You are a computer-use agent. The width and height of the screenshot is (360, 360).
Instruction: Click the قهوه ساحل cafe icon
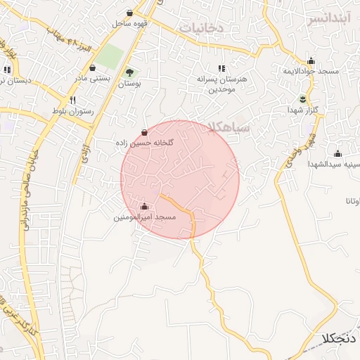[129, 13]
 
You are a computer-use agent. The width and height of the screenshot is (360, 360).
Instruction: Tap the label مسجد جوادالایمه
[311, 72]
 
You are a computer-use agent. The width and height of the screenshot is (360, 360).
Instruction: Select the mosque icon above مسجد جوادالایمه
[311, 60]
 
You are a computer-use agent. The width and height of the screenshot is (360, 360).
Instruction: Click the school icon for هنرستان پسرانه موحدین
[222, 68]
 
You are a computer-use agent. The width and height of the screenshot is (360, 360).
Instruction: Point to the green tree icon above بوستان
[129, 72]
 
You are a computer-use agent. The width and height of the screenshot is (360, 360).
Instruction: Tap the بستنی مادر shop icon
[93, 67]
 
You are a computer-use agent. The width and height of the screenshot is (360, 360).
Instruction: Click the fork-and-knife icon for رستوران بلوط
[72, 101]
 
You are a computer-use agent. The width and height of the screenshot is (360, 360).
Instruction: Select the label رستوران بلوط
[70, 112]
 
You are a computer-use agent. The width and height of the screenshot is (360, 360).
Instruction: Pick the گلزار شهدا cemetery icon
[302, 98]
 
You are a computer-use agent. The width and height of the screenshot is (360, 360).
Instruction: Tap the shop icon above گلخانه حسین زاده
[144, 131]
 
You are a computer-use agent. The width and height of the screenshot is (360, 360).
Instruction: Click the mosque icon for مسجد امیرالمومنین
[144, 207]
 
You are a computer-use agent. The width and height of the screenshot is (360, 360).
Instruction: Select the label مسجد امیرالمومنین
[145, 218]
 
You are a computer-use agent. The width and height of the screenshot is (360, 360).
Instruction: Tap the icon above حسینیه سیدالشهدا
[337, 153]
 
